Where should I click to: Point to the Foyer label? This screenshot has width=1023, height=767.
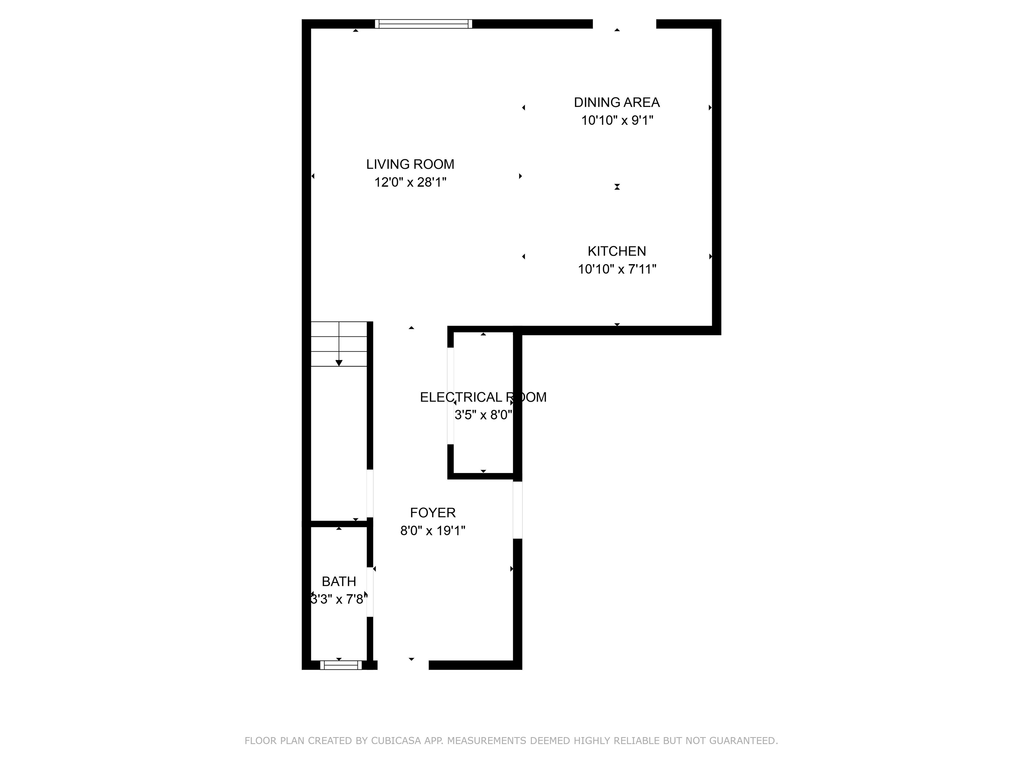coord(433,512)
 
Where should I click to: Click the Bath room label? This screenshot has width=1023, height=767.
coord(339,581)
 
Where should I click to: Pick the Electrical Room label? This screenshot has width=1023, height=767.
coord(483,397)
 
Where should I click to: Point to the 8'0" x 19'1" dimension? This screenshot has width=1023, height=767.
coord(433,530)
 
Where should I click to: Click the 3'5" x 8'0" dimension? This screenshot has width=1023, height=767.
coord(483,415)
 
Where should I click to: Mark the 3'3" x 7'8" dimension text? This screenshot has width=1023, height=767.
coord(339,599)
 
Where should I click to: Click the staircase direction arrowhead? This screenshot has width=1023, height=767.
coord(339,363)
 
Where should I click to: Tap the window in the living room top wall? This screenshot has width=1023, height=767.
coord(423,24)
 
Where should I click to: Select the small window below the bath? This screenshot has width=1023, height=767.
coord(341,665)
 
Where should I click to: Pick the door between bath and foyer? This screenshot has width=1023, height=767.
coord(370,592)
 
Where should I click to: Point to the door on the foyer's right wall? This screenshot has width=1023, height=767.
coord(517,510)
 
